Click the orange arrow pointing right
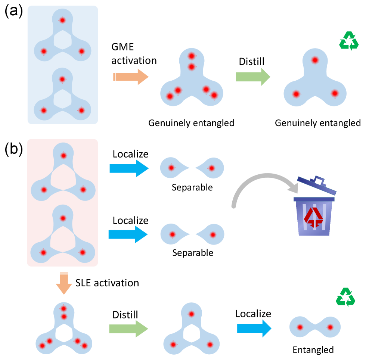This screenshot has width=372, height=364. click(130, 77)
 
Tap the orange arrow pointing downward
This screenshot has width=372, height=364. click(64, 283)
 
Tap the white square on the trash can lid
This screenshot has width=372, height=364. click(318, 181)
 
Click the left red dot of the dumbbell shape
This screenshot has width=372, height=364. click(300, 327)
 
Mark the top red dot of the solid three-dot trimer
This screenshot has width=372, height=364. click(315, 60)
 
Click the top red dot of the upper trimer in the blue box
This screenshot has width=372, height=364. click(62, 20)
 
